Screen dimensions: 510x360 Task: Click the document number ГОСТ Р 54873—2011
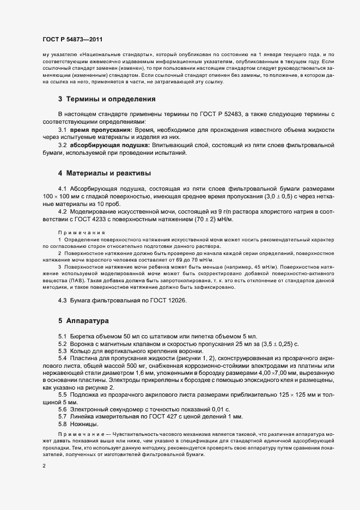pyautogui.click(x=72, y=40)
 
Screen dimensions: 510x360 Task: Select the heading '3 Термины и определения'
pyautogui.click(x=99, y=99)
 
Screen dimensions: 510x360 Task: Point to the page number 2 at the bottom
pyautogui.click(x=44, y=466)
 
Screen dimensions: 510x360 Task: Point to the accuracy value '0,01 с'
pyautogui.click(x=219, y=409)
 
